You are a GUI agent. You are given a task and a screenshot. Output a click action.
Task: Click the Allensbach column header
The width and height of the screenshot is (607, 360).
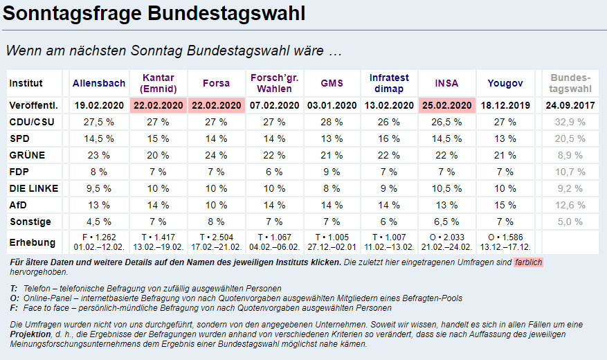point(99,83)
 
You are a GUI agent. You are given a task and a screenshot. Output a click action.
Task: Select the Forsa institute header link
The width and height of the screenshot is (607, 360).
point(216,83)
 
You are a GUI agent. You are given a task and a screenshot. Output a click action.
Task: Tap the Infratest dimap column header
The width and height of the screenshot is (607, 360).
point(389,83)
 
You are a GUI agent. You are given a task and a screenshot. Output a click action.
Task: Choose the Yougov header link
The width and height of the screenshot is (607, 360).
point(505,83)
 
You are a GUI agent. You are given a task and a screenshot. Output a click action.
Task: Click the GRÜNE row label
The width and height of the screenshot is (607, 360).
point(27,155)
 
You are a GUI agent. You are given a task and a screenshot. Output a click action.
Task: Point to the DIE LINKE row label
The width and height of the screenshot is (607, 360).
point(34,188)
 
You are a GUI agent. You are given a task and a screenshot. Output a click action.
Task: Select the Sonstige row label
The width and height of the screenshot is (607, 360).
point(30,222)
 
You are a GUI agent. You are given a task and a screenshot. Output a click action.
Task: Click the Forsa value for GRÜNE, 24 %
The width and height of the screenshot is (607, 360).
point(216,155)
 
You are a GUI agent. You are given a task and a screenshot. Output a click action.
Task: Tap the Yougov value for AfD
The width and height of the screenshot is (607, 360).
point(505,205)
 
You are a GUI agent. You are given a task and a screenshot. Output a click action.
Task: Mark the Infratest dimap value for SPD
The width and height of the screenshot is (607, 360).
point(389,138)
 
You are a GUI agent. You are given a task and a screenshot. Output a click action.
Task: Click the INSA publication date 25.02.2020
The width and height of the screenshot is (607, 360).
point(446,105)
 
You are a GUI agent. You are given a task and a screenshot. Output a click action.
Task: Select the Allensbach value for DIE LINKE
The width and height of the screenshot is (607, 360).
point(99,188)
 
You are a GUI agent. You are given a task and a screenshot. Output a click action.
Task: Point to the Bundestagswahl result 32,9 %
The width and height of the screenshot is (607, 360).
point(571,122)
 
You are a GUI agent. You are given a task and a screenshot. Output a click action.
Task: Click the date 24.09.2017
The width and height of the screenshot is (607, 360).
point(571,105)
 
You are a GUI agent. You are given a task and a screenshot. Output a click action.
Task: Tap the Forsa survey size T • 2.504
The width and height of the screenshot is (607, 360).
point(216,237)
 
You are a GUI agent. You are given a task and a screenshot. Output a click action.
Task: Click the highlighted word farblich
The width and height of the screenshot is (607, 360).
point(528,263)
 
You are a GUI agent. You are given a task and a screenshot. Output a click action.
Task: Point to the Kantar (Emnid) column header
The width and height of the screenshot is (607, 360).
point(157,83)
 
